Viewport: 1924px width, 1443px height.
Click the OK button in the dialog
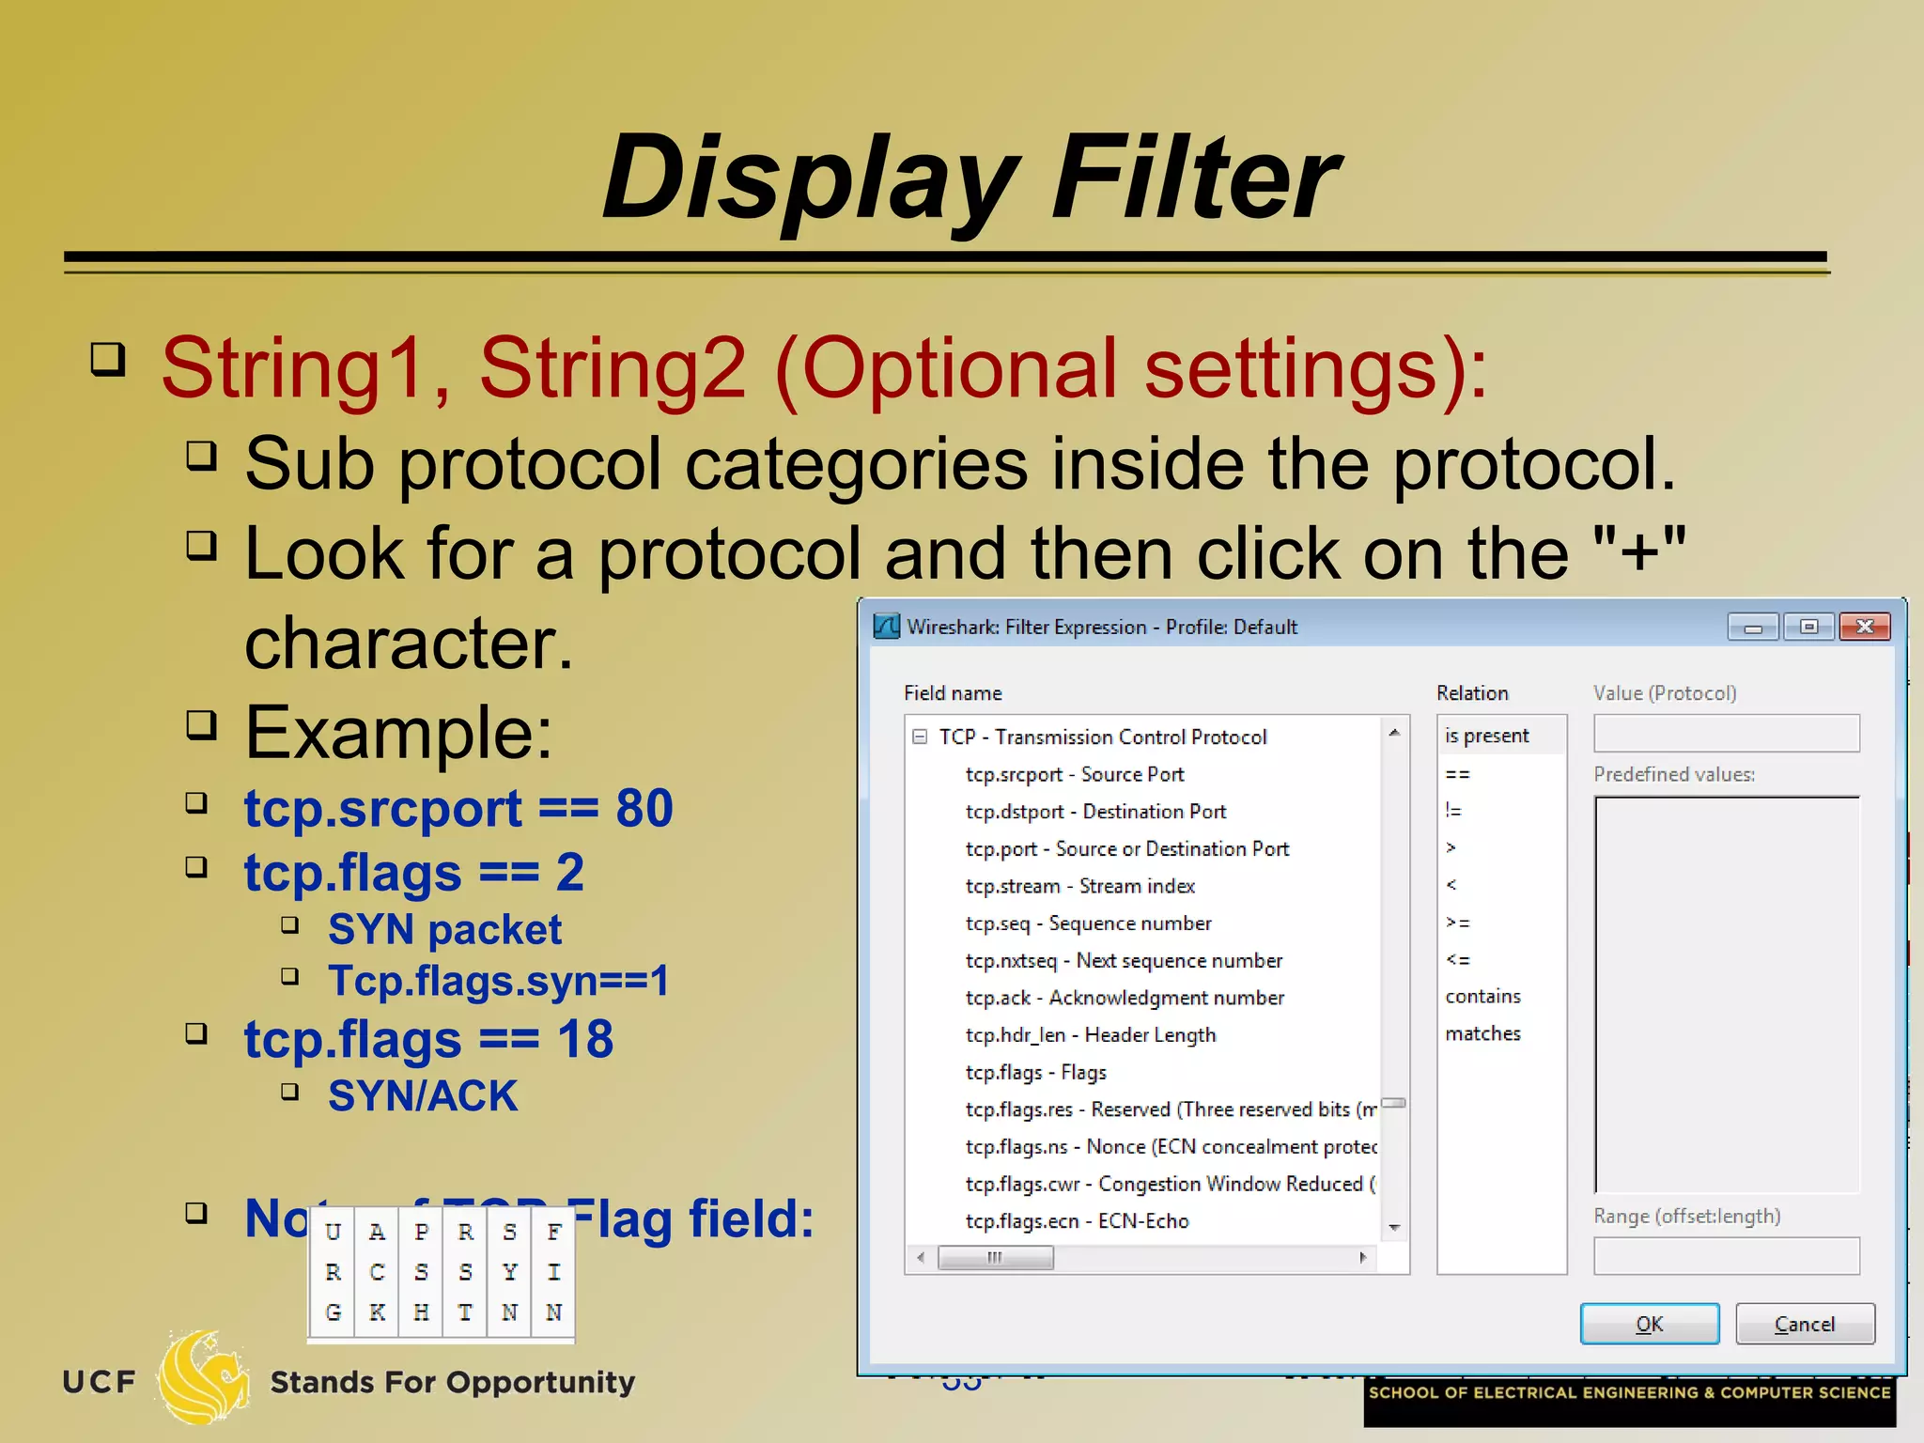click(1649, 1324)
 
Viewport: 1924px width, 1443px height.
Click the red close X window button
click(1865, 627)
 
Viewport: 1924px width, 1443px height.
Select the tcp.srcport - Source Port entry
click(1074, 774)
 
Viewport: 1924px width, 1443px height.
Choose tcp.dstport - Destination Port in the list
click(1095, 812)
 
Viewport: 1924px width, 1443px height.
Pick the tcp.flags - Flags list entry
click(1035, 1072)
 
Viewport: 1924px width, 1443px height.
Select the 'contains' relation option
click(1482, 996)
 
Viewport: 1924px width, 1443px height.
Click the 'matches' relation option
click(1482, 1033)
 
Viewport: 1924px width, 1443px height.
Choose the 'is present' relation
click(1487, 736)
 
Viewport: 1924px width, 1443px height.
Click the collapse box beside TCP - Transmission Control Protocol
click(920, 737)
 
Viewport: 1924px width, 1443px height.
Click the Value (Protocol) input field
click(1726, 734)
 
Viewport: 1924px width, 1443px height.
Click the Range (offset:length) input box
click(1726, 1256)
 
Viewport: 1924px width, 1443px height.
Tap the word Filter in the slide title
click(1195, 178)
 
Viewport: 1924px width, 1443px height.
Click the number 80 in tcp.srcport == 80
click(644, 808)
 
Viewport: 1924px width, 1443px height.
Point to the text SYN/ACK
click(423, 1096)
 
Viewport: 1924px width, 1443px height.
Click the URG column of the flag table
click(333, 1272)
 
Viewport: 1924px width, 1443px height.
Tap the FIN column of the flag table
click(554, 1272)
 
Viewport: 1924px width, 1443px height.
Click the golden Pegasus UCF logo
click(202, 1376)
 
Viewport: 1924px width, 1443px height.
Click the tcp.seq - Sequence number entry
click(1088, 923)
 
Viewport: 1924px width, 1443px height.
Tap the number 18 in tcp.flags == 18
click(585, 1040)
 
